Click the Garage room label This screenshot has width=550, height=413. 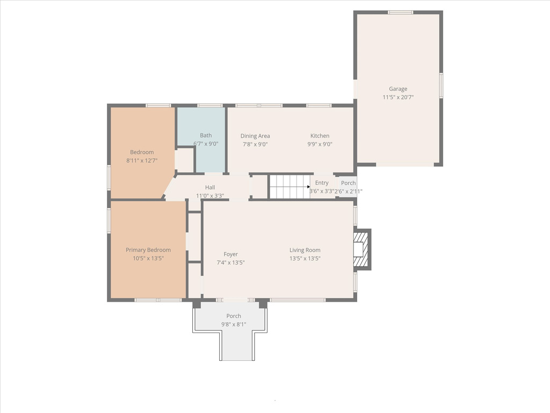click(x=398, y=89)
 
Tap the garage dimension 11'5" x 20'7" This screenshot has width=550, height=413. click(x=398, y=97)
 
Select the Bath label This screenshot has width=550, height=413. click(x=206, y=135)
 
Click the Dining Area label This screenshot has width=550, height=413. click(x=255, y=136)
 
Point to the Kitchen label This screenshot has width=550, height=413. click(x=320, y=136)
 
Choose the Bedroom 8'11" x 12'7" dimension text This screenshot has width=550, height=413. click(x=142, y=160)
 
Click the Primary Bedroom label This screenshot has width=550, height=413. click(x=148, y=250)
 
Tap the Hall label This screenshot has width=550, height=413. click(x=210, y=187)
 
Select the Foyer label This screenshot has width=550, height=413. click(x=230, y=254)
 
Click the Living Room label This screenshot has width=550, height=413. click(x=305, y=250)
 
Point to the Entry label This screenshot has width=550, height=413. click(x=322, y=183)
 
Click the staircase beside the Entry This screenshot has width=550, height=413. click(x=290, y=187)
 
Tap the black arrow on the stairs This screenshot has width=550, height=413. click(x=308, y=187)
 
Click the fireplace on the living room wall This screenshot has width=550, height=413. click(x=362, y=250)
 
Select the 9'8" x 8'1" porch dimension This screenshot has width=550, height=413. click(x=234, y=324)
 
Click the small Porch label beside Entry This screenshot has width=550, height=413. click(x=348, y=183)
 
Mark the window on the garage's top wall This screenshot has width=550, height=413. click(x=400, y=12)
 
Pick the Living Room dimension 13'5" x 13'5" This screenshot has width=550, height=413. click(x=305, y=259)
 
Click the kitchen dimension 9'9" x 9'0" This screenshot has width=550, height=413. click(x=320, y=144)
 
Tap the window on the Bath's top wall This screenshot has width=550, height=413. click(x=210, y=105)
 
